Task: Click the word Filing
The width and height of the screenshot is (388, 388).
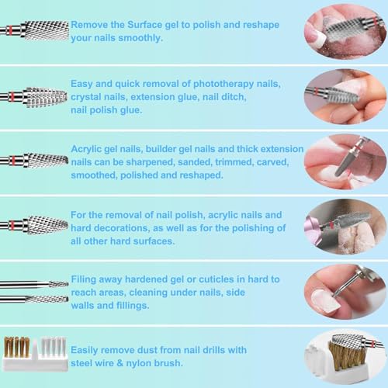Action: [x=88, y=279]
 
